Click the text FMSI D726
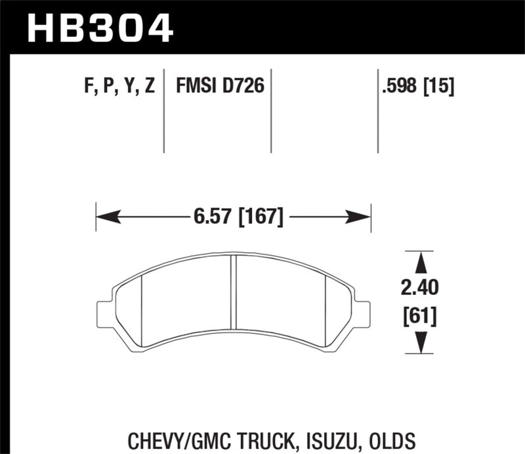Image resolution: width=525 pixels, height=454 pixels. point(219,85)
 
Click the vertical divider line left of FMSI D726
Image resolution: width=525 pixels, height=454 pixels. point(164,112)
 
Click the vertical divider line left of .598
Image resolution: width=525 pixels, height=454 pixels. point(378,112)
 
